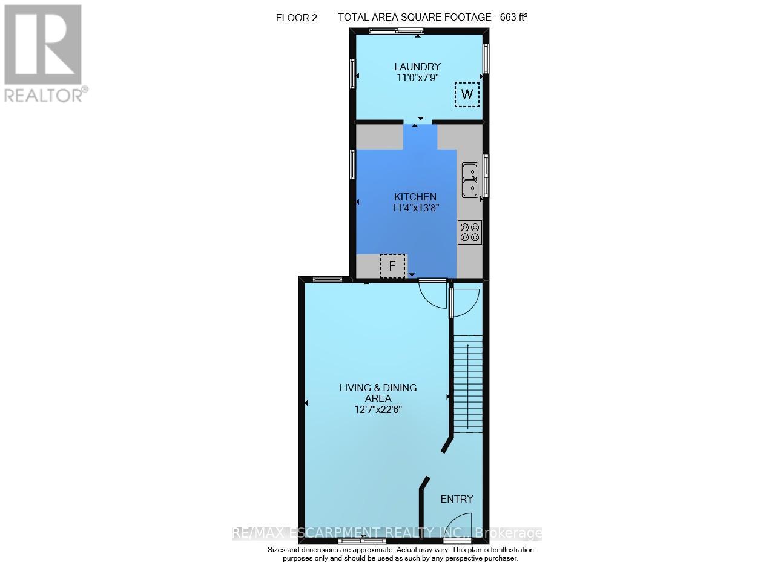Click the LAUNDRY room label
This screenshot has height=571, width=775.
418,67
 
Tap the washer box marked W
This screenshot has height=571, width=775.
467,94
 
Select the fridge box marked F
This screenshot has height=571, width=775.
392,266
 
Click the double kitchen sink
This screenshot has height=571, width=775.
470,180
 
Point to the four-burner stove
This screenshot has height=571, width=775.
470,233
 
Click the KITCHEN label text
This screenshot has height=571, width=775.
415,197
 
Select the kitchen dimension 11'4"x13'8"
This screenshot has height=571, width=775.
415,208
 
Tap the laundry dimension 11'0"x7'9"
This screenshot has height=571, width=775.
418,78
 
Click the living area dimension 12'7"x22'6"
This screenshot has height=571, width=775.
378,409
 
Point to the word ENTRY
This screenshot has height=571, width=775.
457,499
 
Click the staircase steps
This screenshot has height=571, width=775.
468,384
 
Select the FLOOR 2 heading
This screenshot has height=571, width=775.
297,18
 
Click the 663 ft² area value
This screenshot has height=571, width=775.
513,17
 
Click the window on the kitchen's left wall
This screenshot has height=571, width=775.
352,164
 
